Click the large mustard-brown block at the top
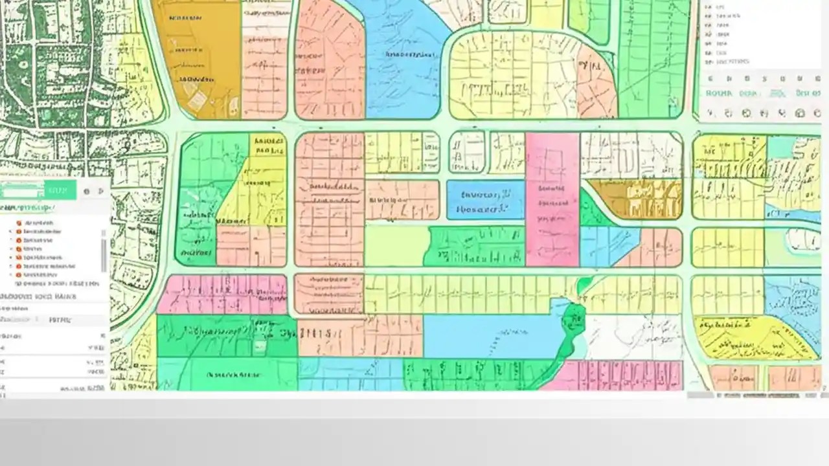click(x=198, y=58)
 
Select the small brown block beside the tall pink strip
click(x=635, y=198)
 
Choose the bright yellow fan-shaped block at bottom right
click(x=745, y=337)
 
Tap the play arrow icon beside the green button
click(x=101, y=191)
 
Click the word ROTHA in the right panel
click(x=719, y=93)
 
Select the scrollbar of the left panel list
click(x=104, y=252)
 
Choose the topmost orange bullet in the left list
click(x=19, y=223)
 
